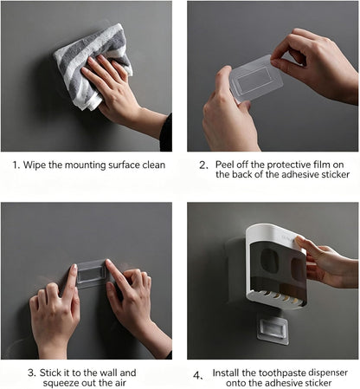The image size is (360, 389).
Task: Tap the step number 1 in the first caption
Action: pos(16,165)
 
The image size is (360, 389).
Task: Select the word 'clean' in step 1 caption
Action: pos(154,165)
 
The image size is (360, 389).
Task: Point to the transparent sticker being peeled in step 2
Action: pos(255,78)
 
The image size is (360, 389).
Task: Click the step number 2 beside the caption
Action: pos(203,165)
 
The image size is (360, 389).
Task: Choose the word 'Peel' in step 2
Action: pos(225,165)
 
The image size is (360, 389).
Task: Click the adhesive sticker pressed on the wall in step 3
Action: pos(92,274)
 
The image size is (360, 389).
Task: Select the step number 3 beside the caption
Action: pos(32,373)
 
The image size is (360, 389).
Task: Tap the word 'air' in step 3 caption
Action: pos(121,383)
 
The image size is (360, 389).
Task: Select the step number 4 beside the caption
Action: pos(197,376)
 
